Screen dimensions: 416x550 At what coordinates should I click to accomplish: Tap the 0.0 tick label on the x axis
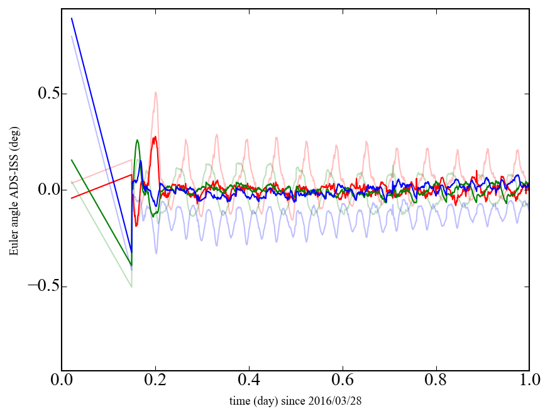pyautogui.click(x=62, y=381)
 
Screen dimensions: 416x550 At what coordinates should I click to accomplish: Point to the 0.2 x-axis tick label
pyautogui.click(x=155, y=381)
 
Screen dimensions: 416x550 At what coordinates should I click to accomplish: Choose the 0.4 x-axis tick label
pyautogui.click(x=249, y=381)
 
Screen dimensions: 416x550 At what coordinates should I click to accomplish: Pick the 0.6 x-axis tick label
pyautogui.click(x=343, y=381)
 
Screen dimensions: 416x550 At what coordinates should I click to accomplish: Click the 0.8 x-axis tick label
pyautogui.click(x=436, y=381)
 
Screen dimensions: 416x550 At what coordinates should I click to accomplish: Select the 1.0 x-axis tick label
pyautogui.click(x=529, y=381)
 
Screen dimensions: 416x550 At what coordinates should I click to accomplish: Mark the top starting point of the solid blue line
pyautogui.click(x=72, y=18)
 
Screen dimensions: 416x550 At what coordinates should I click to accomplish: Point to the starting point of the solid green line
pyautogui.click(x=72, y=160)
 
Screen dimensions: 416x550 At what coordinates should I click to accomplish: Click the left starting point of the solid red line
pyautogui.click(x=72, y=198)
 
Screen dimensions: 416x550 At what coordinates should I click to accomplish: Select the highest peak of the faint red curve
pyautogui.click(x=155, y=92)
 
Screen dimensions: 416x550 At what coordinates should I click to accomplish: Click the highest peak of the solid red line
pyautogui.click(x=155, y=137)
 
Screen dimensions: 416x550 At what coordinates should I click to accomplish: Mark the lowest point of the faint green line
pyautogui.click(x=131, y=287)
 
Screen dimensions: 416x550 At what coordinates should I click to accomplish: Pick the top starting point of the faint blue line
pyautogui.click(x=72, y=36)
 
